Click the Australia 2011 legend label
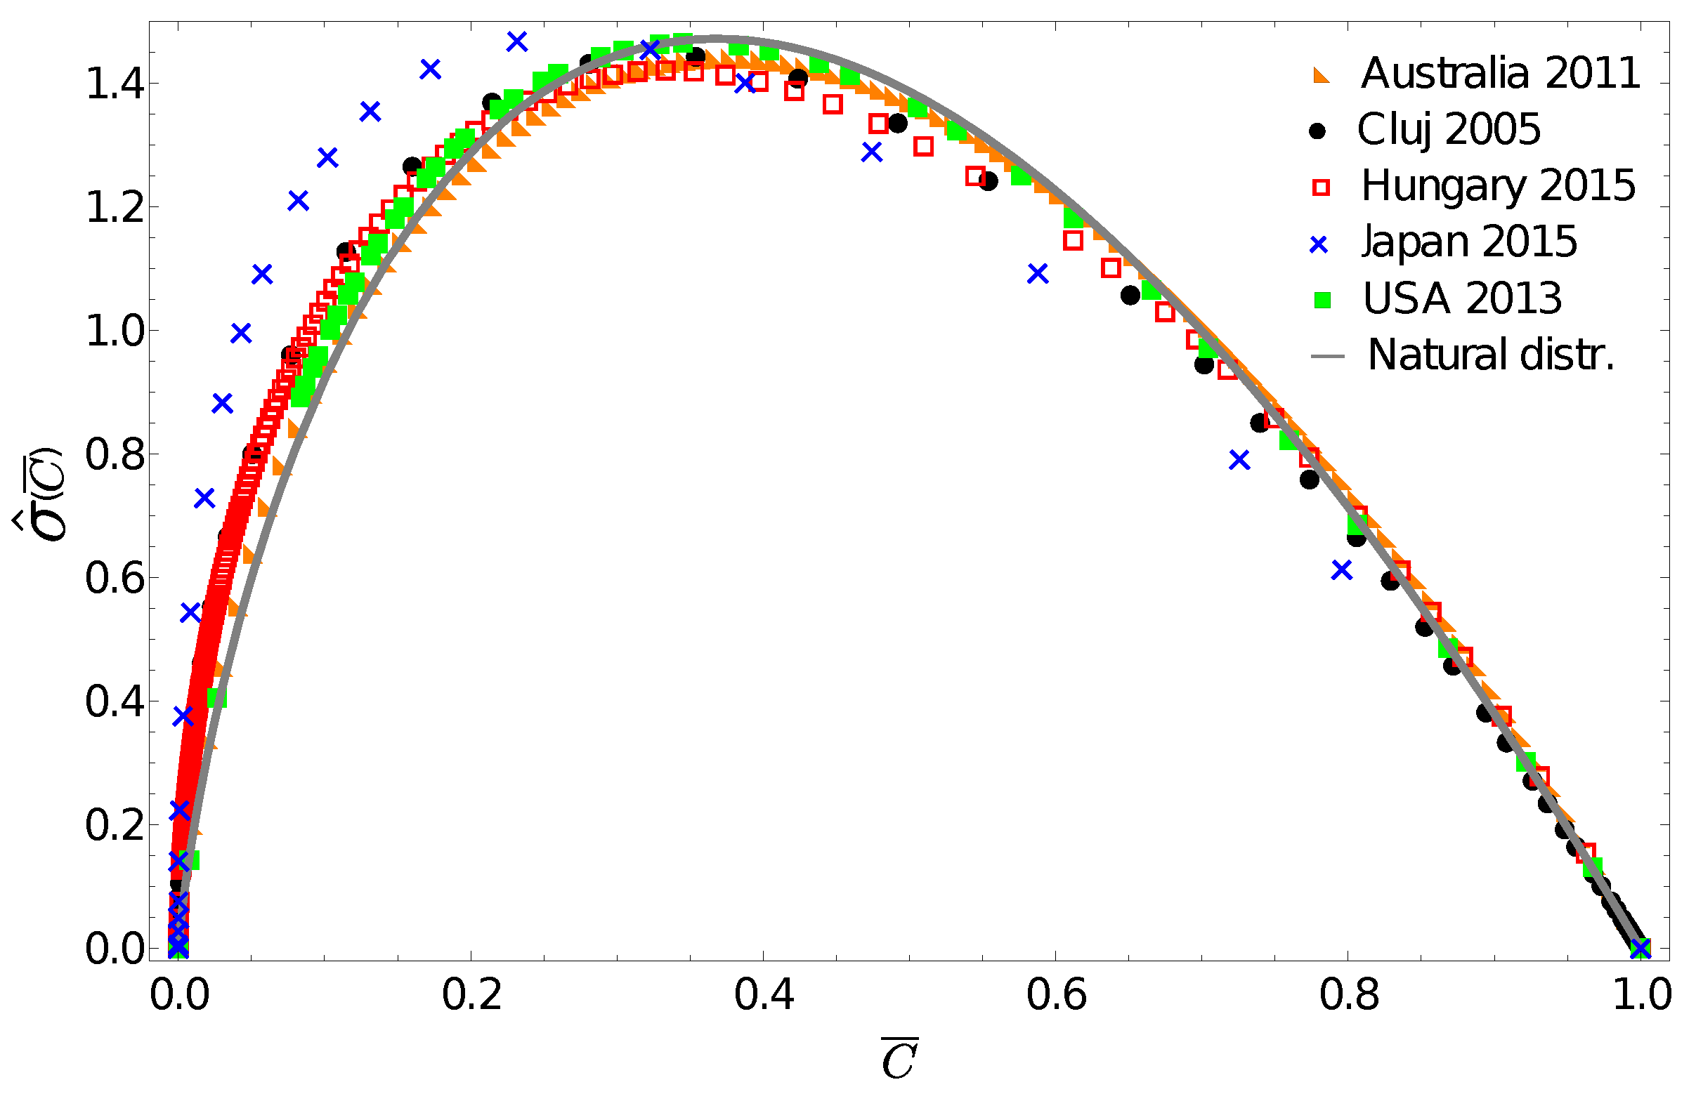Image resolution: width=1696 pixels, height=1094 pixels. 1500,73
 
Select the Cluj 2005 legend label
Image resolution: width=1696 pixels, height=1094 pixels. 1449,129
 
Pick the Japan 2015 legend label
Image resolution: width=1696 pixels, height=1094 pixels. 1468,242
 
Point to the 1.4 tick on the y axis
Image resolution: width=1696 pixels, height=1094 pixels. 115,84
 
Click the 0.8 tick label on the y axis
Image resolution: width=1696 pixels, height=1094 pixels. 115,454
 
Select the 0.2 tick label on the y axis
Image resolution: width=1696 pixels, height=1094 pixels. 115,825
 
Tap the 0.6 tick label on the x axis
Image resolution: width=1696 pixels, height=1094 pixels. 1055,994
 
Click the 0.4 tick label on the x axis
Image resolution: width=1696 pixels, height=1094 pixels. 764,994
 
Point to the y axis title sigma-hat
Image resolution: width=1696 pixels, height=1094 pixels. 41,494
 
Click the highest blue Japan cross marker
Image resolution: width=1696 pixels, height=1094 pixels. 517,42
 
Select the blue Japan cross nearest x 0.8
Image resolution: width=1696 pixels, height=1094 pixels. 1341,569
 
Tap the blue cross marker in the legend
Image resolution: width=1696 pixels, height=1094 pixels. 1319,244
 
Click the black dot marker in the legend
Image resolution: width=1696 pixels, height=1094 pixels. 1317,131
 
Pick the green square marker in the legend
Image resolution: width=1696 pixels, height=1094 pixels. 1322,300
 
